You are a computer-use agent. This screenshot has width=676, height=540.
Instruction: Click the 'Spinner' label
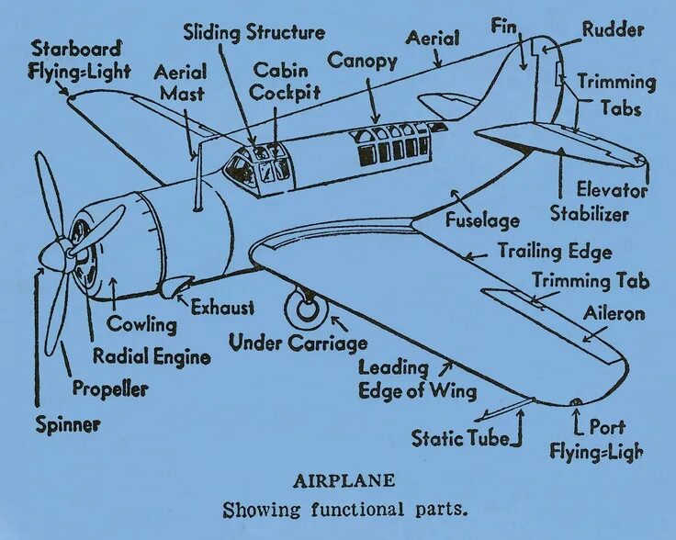pos(68,424)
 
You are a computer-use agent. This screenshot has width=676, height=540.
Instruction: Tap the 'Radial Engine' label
pos(152,356)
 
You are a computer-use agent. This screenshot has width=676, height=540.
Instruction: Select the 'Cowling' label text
pos(141,324)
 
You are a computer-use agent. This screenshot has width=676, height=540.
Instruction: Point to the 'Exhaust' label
pos(222,308)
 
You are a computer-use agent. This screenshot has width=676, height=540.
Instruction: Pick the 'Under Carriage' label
pos(298,343)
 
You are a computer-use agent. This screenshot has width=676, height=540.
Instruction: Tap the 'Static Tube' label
pos(460,438)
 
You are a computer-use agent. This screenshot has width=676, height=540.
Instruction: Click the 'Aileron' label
pos(614,314)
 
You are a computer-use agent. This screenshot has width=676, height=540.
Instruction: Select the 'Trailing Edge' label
pos(555,251)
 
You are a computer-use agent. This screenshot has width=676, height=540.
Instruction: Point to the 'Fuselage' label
pos(483,220)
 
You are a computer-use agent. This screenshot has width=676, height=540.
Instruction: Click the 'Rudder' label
pos(614,29)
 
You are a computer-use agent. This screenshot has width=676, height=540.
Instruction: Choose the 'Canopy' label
pos(363,62)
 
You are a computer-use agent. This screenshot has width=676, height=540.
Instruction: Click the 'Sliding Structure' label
pos(253,33)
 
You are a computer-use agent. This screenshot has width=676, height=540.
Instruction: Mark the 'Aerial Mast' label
pos(180,82)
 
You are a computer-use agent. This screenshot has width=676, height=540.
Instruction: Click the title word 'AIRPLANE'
pos(344,480)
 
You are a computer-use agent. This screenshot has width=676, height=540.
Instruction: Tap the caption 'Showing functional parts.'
pos(344,509)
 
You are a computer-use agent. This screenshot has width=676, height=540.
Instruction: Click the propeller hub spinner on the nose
pos(57,253)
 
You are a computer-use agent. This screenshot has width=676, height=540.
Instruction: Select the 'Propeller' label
pos(110,388)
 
